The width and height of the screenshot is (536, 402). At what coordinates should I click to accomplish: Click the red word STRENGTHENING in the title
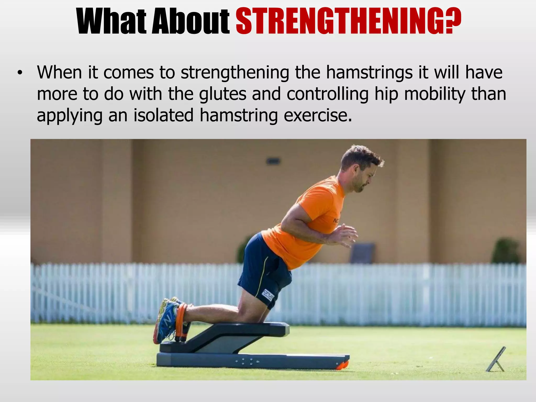pyautogui.click(x=348, y=21)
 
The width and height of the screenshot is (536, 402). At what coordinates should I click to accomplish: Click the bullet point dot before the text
pyautogui.click(x=19, y=74)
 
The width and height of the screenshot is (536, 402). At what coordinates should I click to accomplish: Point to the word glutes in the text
pyautogui.click(x=222, y=94)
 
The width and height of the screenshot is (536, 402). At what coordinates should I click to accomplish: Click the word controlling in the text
pyautogui.click(x=327, y=94)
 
